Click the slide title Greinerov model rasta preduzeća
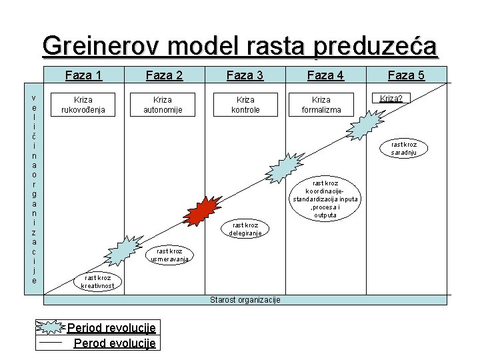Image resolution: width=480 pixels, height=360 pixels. click(x=240, y=47)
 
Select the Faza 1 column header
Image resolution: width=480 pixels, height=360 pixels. click(x=83, y=75)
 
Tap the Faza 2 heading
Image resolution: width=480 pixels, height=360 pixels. click(x=164, y=75)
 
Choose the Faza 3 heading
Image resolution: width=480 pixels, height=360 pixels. click(x=245, y=75)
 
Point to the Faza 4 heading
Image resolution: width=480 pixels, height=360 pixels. click(x=325, y=75)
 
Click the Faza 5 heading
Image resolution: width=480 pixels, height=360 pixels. click(x=406, y=75)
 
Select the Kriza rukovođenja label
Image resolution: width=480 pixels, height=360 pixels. click(x=83, y=104)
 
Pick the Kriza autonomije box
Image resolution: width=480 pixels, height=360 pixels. click(x=164, y=104)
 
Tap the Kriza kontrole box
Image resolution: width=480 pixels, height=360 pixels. click(x=245, y=104)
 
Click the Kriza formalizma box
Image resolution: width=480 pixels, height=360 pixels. click(x=326, y=104)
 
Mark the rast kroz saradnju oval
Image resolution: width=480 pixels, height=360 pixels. click(x=404, y=148)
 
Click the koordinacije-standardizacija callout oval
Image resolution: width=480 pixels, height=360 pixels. click(x=325, y=199)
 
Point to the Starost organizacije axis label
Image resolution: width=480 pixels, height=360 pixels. click(x=245, y=299)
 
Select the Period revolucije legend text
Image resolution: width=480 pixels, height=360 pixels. click(x=111, y=328)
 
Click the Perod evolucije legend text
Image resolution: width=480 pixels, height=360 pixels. click(x=115, y=343)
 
